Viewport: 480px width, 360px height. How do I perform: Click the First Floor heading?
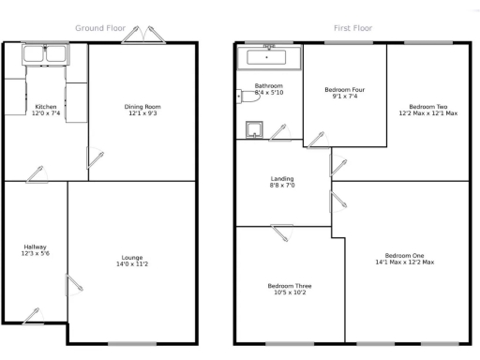click(x=352, y=28)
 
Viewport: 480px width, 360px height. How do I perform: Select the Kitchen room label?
click(x=45, y=108)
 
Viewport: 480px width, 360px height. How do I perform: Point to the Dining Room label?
click(x=142, y=107)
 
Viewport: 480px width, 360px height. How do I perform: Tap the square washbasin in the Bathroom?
click(x=253, y=129)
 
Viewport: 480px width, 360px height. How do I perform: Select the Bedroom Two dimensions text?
click(x=427, y=113)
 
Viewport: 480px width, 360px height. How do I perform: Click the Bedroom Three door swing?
click(x=282, y=230)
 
